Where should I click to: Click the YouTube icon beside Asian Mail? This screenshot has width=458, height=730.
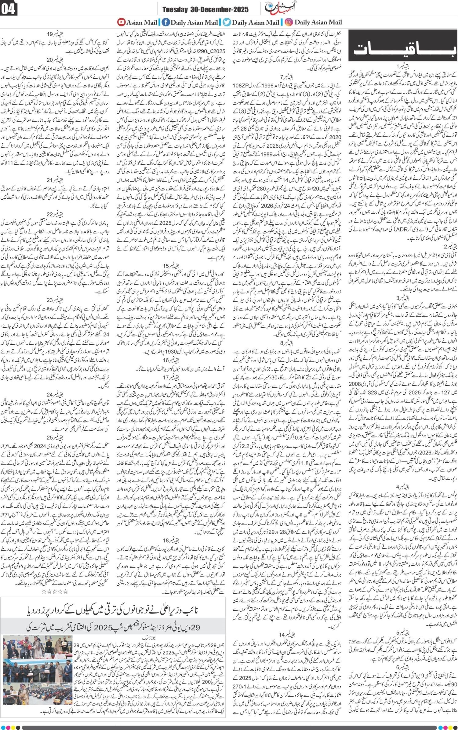pos(122,22)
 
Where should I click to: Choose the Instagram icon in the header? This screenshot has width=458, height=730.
pos(289,22)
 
